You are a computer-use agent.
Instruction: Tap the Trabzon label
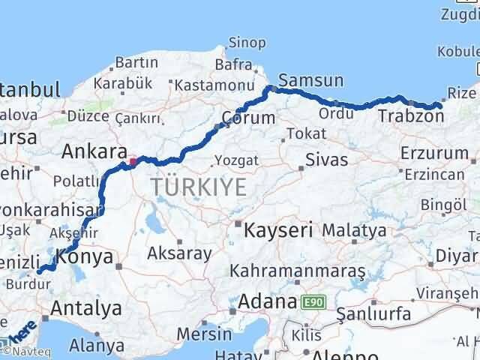[410, 116]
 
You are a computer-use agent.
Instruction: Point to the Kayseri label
[278, 231]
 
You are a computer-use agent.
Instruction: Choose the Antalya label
[86, 307]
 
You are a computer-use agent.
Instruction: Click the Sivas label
[328, 160]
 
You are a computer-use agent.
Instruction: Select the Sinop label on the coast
[241, 44]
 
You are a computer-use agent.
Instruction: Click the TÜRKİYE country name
[198, 187]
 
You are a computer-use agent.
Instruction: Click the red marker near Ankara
[133, 160]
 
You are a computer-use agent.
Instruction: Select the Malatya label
[355, 229]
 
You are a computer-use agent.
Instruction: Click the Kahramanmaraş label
[298, 269]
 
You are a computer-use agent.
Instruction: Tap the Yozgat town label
[236, 160]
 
